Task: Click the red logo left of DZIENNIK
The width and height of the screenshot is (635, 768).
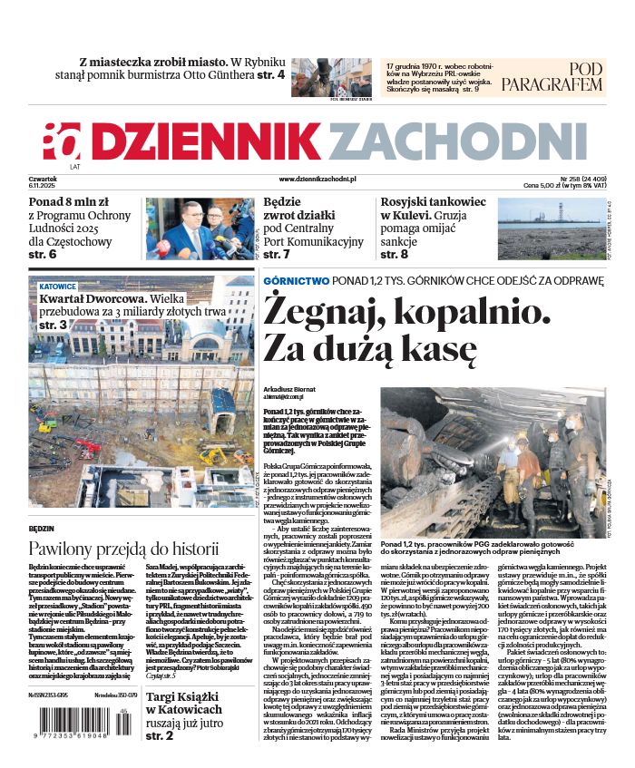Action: click(62, 141)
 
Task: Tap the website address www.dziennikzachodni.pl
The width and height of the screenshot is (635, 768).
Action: click(317, 180)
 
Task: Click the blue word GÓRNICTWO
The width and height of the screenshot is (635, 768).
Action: click(296, 281)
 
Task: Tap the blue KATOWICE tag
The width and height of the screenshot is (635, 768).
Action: click(57, 286)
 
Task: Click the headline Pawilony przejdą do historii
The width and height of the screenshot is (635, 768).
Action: click(123, 549)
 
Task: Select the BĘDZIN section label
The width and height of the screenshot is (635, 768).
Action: click(42, 527)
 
